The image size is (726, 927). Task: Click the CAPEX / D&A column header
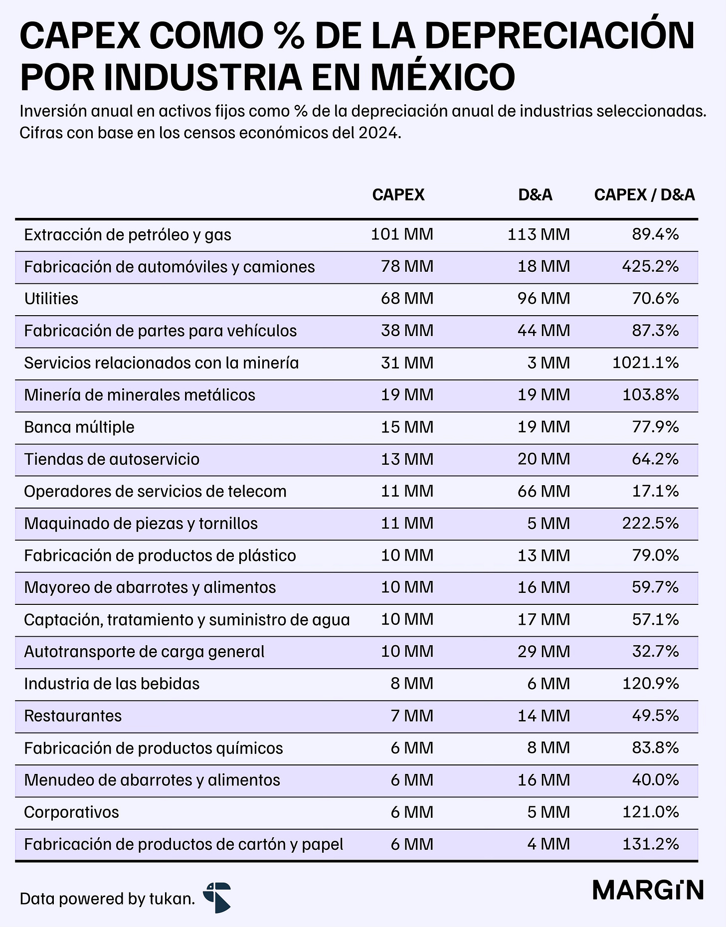coord(644,194)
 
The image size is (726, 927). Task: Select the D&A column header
coord(536,194)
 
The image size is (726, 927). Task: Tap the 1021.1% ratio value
coord(646,363)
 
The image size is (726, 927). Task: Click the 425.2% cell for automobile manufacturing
coord(650,266)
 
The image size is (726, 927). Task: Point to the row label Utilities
coord(51,299)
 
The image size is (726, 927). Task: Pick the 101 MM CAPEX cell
coord(402,234)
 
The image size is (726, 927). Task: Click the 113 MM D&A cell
coord(539,234)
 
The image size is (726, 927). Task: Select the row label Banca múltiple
coord(79,427)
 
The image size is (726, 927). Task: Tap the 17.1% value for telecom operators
coord(655,491)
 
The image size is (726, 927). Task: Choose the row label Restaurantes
coord(73,716)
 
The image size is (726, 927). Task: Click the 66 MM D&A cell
coord(544,491)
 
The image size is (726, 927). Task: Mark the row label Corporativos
coord(71,812)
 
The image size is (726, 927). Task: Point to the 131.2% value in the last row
coord(650,844)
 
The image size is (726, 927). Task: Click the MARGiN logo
coord(648,890)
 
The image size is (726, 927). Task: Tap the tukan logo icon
coord(217,897)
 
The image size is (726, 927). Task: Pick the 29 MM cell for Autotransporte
coord(544,651)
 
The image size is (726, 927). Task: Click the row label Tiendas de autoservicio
coord(112,459)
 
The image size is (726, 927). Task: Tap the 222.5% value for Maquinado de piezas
coord(650,523)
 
